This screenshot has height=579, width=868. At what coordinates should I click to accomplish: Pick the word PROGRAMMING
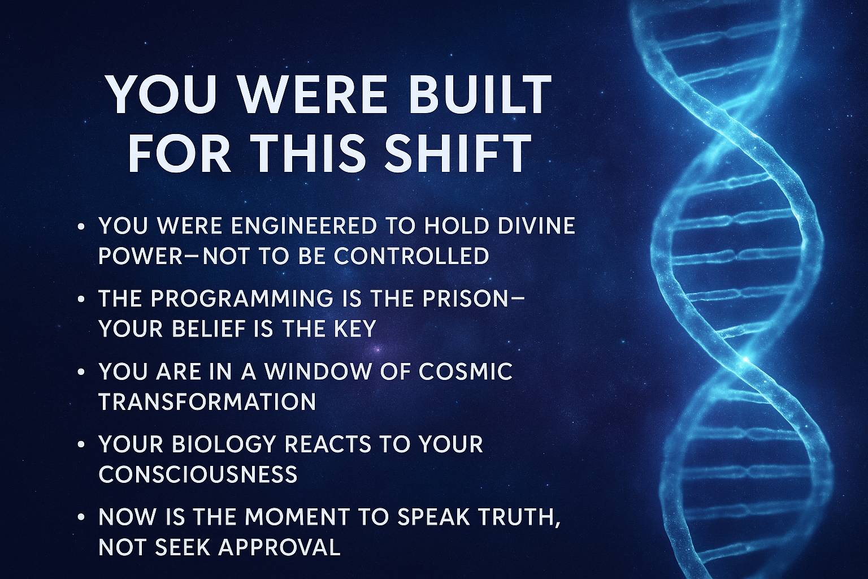point(241,299)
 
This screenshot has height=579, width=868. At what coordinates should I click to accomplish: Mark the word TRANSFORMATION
point(208,402)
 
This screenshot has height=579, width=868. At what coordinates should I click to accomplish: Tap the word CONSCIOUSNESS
point(198,474)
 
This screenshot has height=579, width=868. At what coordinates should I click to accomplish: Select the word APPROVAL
point(279,547)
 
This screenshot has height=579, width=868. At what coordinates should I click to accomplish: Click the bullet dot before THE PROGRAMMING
point(81,299)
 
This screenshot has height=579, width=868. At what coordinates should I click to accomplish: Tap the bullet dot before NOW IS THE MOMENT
point(81,518)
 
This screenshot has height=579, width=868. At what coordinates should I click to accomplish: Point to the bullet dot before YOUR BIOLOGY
point(81,445)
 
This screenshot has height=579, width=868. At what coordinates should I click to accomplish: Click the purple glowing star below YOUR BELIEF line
point(377,349)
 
